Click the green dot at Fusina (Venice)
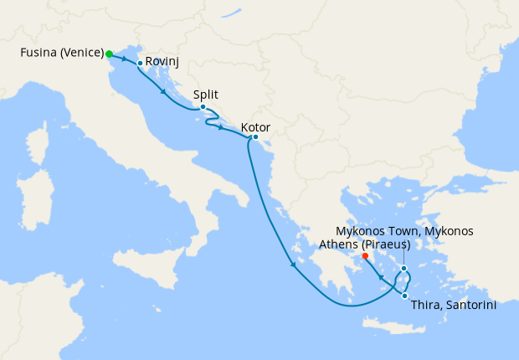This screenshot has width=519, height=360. [x=110, y=54]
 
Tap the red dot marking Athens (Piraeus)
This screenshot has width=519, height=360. [x=366, y=256]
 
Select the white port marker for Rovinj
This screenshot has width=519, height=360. [x=140, y=63]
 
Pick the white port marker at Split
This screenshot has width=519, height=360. [x=203, y=107]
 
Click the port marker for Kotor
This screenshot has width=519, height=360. [x=254, y=137]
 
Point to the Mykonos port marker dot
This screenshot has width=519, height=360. [x=403, y=269]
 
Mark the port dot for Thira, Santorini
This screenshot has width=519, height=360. [x=404, y=295]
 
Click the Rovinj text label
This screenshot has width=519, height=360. [x=162, y=62]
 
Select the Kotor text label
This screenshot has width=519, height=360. [x=254, y=127]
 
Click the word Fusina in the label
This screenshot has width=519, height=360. [x=39, y=54]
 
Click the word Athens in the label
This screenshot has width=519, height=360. [x=337, y=244]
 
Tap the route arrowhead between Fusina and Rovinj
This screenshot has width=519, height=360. [x=124, y=59]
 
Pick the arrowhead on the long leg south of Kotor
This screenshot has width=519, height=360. [x=293, y=266]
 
